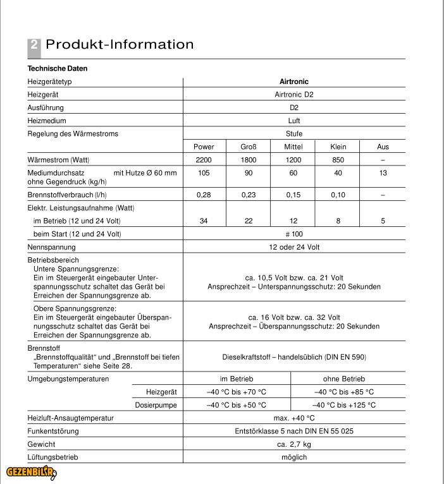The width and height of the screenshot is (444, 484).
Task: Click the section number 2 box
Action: tap(34, 45)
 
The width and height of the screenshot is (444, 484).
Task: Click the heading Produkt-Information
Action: tap(120, 44)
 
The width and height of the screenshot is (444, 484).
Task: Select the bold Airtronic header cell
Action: tap(294, 82)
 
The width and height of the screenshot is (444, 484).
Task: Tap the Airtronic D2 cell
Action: tap(294, 95)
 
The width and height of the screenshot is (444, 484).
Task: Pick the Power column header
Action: tap(204, 147)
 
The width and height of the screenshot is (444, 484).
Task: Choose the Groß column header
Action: tap(249, 147)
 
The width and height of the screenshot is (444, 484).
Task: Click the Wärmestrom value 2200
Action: tap(204, 160)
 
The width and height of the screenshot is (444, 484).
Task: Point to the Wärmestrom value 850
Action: tap(338, 160)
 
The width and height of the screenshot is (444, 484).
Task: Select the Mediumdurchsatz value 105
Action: tap(204, 173)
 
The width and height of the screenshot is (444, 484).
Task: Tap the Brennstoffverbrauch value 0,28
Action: tap(204, 195)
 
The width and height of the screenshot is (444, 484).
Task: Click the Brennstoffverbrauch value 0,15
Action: tap(293, 195)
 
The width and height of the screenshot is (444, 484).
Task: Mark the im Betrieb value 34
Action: tap(204, 221)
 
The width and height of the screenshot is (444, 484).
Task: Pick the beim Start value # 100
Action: tap(294, 234)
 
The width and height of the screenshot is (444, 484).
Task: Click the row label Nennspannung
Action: tap(51, 247)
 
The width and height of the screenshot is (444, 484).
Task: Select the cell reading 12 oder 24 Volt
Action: tap(294, 247)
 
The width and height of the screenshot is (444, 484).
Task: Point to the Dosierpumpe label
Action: tap(156, 405)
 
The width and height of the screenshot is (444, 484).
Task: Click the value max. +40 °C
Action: tap(294, 418)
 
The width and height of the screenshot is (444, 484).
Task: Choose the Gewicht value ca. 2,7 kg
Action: tap(294, 444)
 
